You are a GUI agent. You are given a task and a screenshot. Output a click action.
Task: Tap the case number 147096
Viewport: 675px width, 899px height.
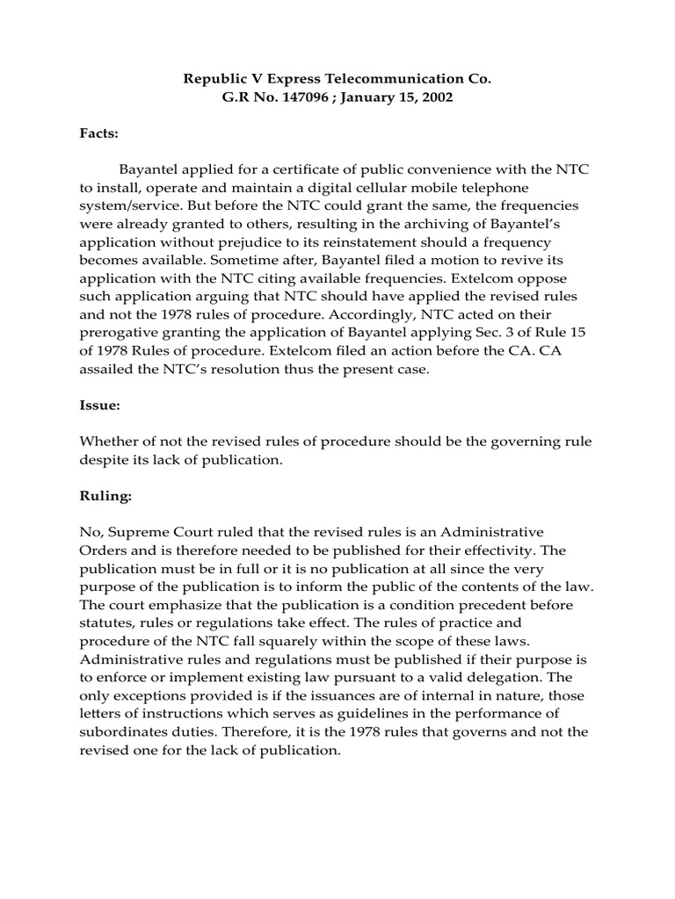[308, 97]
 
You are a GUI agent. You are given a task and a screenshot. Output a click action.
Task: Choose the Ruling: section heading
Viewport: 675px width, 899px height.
[105, 496]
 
